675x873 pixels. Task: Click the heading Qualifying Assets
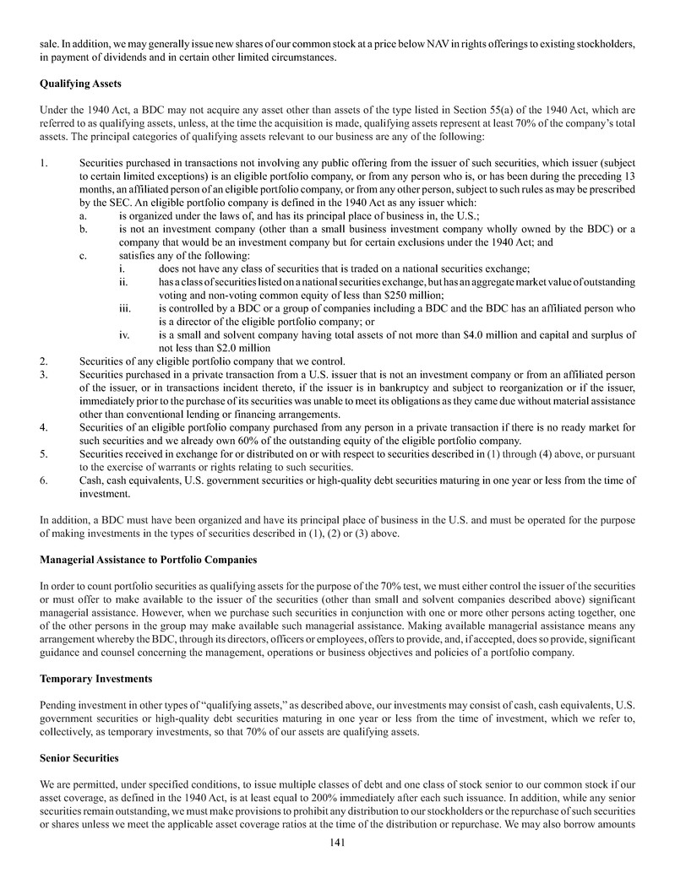point(78,84)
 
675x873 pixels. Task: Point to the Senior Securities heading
point(79,758)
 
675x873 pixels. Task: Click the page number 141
point(337,842)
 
